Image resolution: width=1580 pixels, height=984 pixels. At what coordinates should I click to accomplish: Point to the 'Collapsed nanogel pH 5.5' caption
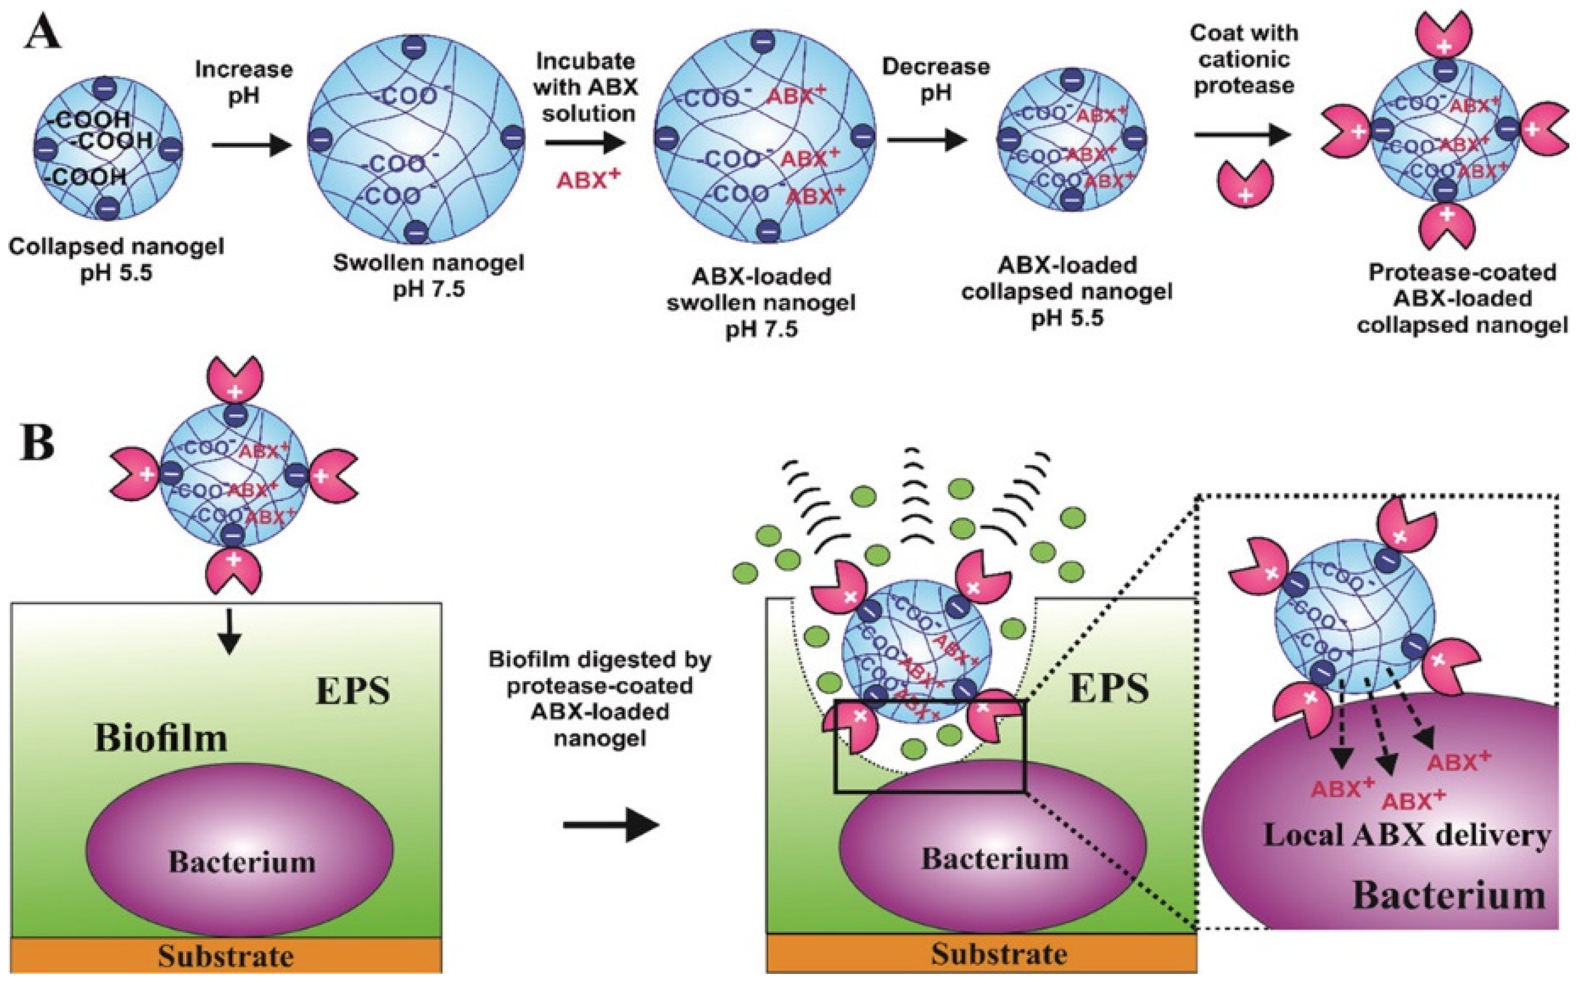116,260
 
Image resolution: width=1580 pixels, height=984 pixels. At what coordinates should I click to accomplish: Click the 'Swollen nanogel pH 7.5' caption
428,276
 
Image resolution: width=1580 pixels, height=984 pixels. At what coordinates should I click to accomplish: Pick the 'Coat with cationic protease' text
1243,59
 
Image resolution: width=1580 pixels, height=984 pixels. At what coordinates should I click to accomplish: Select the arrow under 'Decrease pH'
926,139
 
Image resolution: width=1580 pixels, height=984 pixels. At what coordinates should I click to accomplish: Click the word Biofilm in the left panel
161,739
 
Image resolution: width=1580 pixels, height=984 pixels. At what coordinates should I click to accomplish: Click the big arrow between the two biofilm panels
611,825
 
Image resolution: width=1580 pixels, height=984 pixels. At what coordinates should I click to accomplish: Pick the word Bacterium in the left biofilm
242,862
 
